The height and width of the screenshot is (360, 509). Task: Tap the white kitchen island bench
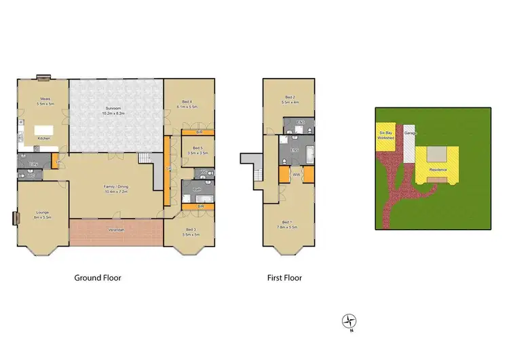click(x=44, y=129)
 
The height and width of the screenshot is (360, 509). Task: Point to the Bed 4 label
click(x=187, y=105)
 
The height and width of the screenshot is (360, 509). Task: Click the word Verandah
click(x=116, y=230)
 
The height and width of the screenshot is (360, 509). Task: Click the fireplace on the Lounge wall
click(x=14, y=219)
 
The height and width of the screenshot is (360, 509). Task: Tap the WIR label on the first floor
click(x=296, y=175)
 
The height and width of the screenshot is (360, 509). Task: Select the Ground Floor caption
click(x=97, y=278)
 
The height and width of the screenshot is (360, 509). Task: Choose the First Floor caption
click(x=284, y=278)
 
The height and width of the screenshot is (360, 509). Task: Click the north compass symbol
click(x=350, y=321)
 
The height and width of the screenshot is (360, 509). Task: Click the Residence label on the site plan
click(x=438, y=169)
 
